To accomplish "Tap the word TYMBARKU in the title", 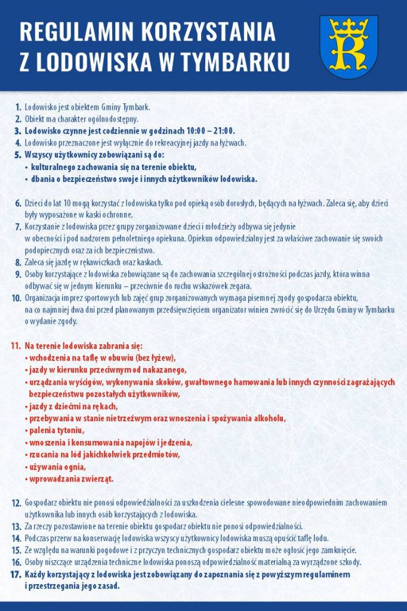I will (x=237, y=62).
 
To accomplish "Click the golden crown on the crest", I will (x=349, y=26).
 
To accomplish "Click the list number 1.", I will (x=18, y=107).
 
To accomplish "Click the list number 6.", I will (x=18, y=203).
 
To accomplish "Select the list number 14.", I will (x=16, y=538).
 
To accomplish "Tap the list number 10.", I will (x=16, y=298).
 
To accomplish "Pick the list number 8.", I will (x=18, y=263).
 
